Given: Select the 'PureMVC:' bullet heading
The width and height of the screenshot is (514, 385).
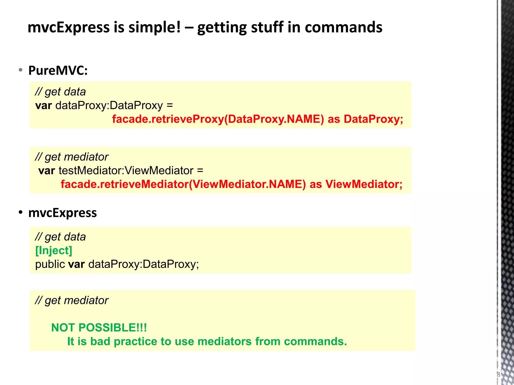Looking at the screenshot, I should (58, 70).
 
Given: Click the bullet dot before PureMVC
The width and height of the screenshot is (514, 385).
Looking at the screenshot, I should (21, 70).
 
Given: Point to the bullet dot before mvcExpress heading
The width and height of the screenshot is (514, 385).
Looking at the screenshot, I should (21, 213).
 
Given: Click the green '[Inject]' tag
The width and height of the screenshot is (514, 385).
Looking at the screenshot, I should (54, 250).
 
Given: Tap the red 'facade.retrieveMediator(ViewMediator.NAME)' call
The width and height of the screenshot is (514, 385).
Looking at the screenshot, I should (183, 184).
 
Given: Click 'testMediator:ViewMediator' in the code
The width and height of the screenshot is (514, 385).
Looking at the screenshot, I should (126, 171).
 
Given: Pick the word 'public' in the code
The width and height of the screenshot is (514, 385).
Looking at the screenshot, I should (50, 264).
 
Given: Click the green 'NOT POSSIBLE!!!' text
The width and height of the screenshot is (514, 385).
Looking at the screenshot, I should (99, 328).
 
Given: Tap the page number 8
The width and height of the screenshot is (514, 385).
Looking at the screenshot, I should (498, 375).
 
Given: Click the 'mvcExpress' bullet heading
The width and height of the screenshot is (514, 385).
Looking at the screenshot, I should (62, 213).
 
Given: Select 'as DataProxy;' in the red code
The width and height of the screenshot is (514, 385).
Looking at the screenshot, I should (365, 119).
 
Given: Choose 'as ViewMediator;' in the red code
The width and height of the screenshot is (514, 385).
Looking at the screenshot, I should (356, 184).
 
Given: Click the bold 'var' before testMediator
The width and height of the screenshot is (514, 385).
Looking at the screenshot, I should (47, 171).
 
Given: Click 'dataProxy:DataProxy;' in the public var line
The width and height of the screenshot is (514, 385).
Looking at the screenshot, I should (144, 264).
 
